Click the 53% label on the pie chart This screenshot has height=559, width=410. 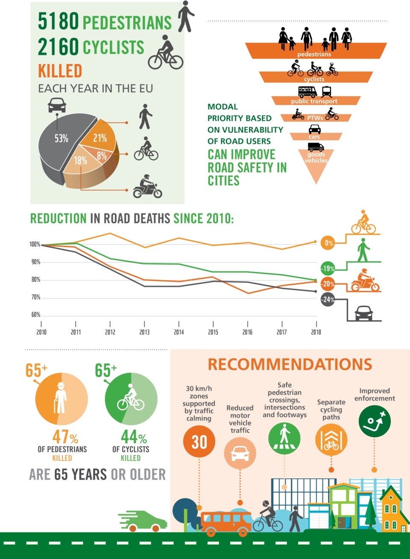[x=61, y=138]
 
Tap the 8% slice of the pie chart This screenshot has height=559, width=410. [x=102, y=156]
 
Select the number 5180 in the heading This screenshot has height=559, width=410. [x=59, y=21]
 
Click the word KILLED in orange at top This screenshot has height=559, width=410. [x=60, y=71]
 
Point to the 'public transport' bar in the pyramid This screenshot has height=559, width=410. [x=314, y=101]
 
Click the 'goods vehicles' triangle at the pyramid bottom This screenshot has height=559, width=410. [x=316, y=162]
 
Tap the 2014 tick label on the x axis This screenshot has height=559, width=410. [x=179, y=332]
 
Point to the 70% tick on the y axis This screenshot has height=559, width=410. [x=35, y=297]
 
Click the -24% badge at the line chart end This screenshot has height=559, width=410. [x=328, y=299]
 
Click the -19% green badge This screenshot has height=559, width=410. [x=328, y=268]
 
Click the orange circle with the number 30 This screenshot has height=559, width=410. [x=199, y=442]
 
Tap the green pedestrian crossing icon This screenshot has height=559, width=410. [x=284, y=438]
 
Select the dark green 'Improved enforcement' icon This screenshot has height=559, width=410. [x=375, y=421]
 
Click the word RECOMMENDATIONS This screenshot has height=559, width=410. [x=290, y=364]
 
